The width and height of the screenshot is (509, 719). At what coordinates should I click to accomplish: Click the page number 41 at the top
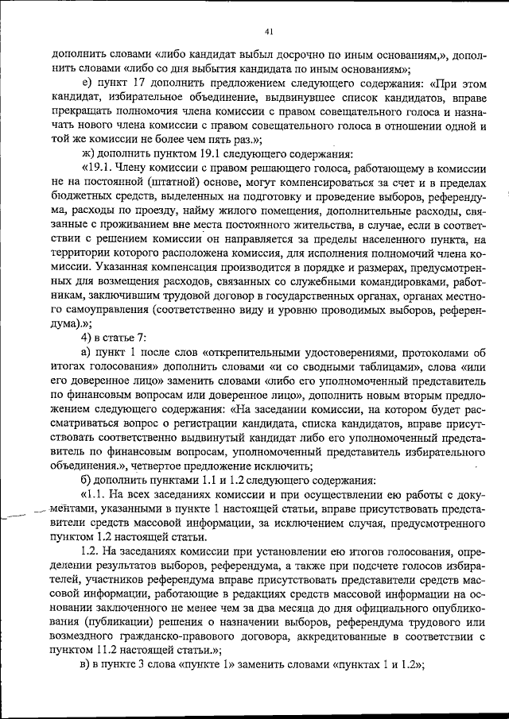(x=268, y=32)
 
